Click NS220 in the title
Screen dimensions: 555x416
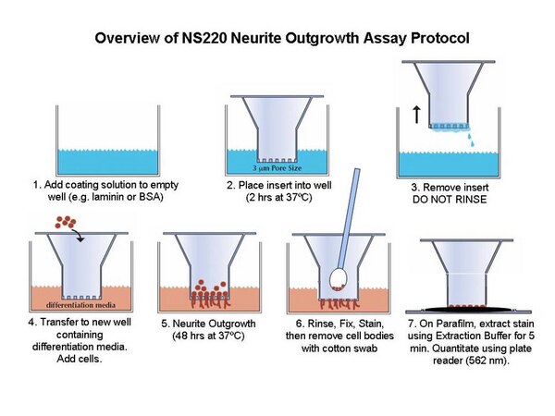pyautogui.click(x=203, y=38)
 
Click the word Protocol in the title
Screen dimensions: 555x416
pyautogui.click(x=440, y=38)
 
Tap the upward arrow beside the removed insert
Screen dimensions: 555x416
pyautogui.click(x=417, y=115)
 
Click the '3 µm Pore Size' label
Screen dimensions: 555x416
pyautogui.click(x=277, y=168)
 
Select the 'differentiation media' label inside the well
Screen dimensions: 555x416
pyautogui.click(x=80, y=305)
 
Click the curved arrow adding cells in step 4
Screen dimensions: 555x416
pyautogui.click(x=79, y=235)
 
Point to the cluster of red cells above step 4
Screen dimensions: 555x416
pyautogui.click(x=66, y=222)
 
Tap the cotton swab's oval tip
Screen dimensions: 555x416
pyautogui.click(x=338, y=279)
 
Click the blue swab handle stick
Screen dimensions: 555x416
pyautogui.click(x=349, y=218)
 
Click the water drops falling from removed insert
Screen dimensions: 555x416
pyautogui.click(x=471, y=139)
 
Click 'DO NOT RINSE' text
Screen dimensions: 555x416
pyautogui.click(x=450, y=199)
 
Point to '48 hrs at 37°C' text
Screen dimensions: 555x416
pyautogui.click(x=208, y=336)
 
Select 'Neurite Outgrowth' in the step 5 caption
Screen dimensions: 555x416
pyautogui.click(x=214, y=324)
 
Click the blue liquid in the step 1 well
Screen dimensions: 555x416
pyautogui.click(x=107, y=162)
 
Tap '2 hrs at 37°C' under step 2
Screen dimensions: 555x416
pyautogui.click(x=279, y=197)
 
